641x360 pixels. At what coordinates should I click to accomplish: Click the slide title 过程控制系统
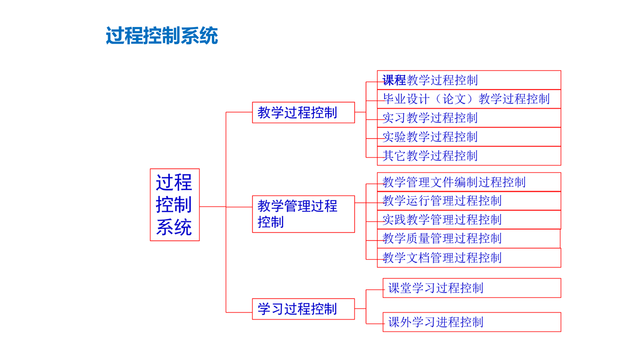pyautogui.click(x=162, y=36)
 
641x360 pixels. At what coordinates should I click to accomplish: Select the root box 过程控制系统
pyautogui.click(x=175, y=205)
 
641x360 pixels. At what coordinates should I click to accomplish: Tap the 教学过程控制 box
pyautogui.click(x=303, y=113)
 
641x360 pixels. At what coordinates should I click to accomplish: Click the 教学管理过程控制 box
pyautogui.click(x=303, y=214)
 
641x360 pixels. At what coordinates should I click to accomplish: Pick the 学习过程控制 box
pyautogui.click(x=303, y=309)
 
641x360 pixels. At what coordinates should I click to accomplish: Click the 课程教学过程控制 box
pyautogui.click(x=469, y=80)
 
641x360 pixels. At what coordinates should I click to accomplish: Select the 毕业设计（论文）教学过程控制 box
pyautogui.click(x=469, y=99)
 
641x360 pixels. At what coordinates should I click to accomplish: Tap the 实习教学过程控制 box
pyautogui.click(x=469, y=118)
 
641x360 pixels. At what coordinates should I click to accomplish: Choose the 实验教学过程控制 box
pyautogui.click(x=469, y=137)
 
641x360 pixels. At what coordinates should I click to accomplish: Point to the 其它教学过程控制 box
pyautogui.click(x=469, y=156)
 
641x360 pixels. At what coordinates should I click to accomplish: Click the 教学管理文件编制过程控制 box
pyautogui.click(x=469, y=182)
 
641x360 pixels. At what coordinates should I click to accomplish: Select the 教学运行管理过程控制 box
pyautogui.click(x=469, y=201)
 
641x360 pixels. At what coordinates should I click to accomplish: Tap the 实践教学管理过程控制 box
pyautogui.click(x=469, y=219)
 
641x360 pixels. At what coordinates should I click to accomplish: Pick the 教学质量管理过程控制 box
pyautogui.click(x=469, y=239)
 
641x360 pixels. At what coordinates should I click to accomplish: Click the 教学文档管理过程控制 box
pyautogui.click(x=469, y=258)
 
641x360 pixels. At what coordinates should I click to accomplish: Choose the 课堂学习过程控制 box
pyautogui.click(x=472, y=288)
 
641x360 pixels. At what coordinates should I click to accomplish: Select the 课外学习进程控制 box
pyautogui.click(x=472, y=322)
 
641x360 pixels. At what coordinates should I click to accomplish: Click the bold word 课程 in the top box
pyautogui.click(x=394, y=80)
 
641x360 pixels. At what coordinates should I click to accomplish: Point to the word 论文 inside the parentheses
pyautogui.click(x=454, y=99)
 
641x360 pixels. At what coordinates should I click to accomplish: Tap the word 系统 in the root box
pyautogui.click(x=174, y=227)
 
